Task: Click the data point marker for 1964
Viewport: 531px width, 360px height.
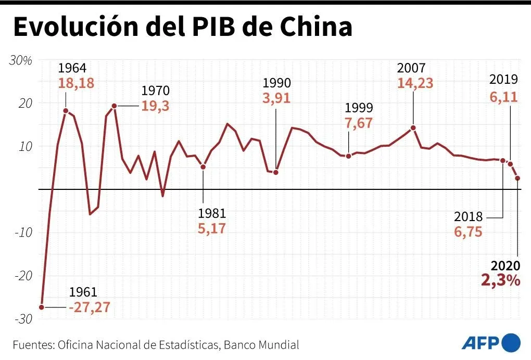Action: click(66, 111)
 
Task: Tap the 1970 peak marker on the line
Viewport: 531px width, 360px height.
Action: click(114, 106)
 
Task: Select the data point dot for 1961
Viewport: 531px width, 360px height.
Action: click(42, 307)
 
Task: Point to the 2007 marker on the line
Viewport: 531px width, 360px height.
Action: click(413, 127)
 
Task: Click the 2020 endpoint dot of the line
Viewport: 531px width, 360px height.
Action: click(517, 178)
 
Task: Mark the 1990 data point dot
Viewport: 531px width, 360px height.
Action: click(276, 172)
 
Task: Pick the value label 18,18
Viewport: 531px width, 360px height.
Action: click(76, 83)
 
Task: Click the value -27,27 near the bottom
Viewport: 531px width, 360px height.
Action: click(90, 307)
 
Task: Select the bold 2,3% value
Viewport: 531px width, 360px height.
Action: click(500, 280)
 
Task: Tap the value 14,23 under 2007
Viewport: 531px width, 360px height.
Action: click(415, 83)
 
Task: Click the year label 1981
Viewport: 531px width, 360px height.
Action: click(212, 213)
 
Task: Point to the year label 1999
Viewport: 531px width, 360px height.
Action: click(359, 108)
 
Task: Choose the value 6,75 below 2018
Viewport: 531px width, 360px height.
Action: click(468, 232)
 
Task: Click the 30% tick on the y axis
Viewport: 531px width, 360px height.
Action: click(21, 60)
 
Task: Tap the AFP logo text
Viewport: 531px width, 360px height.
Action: click(480, 343)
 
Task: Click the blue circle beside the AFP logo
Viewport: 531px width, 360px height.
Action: click(511, 342)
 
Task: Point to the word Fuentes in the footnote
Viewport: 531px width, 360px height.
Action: click(32, 345)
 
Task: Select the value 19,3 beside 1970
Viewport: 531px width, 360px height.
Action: click(155, 106)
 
